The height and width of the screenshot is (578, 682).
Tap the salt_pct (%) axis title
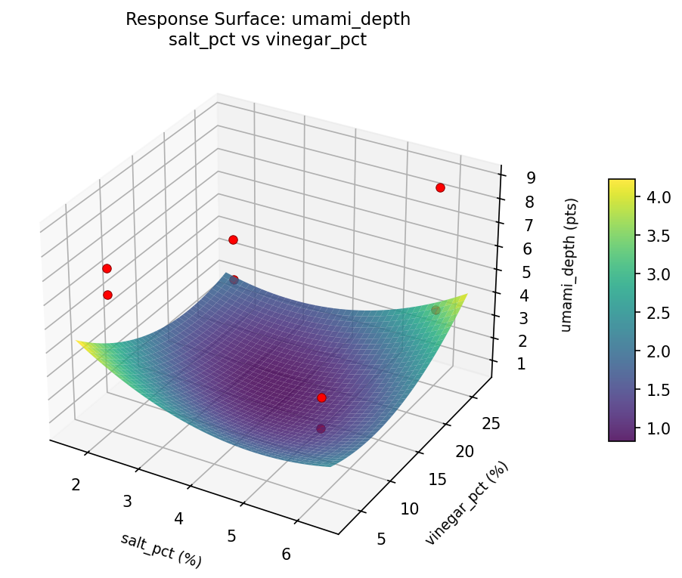(x=161, y=550)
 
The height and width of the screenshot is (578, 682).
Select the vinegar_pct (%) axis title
(x=467, y=503)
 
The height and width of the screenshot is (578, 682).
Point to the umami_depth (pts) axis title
(x=572, y=265)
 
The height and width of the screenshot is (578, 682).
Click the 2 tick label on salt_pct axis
(x=76, y=484)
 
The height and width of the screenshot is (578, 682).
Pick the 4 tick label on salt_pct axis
(x=179, y=518)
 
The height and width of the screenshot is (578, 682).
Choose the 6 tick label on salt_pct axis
(x=286, y=554)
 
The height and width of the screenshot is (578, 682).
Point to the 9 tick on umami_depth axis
(x=532, y=178)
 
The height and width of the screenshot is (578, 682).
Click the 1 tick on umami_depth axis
(x=521, y=364)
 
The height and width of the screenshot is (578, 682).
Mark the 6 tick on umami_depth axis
(x=528, y=249)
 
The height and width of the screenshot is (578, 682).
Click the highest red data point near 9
(x=440, y=187)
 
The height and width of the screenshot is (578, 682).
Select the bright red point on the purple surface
(x=321, y=397)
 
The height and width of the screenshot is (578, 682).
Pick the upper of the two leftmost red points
(x=107, y=268)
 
